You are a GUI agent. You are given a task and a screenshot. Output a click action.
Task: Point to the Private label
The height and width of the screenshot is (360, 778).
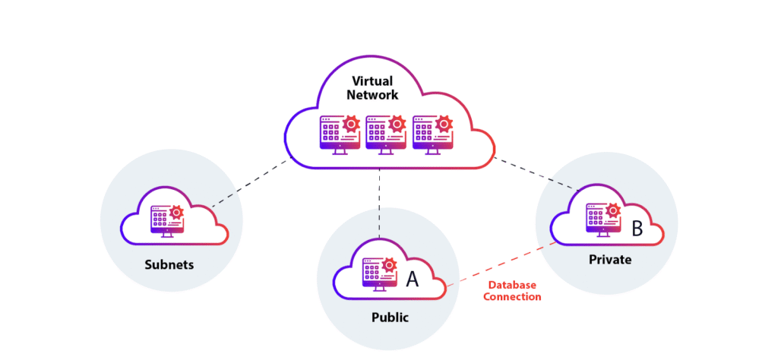pyautogui.click(x=609, y=260)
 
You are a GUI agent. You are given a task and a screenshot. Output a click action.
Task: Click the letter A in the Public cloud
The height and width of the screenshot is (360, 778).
pyautogui.click(x=412, y=279)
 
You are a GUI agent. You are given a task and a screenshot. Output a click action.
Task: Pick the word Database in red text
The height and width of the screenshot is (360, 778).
pyautogui.click(x=512, y=285)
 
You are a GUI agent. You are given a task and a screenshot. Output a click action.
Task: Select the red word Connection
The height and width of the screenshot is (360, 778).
pyautogui.click(x=512, y=296)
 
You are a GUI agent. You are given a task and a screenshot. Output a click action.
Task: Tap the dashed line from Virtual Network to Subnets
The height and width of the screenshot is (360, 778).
pyautogui.click(x=251, y=183)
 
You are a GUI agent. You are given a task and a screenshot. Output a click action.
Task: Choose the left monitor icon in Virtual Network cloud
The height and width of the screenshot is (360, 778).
pyautogui.click(x=338, y=134)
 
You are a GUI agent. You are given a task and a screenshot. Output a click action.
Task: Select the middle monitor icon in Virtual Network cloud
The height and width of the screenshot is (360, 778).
pyautogui.click(x=384, y=134)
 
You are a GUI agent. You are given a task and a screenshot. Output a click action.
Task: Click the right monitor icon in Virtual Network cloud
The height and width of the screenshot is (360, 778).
pyautogui.click(x=430, y=134)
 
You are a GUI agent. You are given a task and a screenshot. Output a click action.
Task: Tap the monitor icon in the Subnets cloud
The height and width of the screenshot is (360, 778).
pyautogui.click(x=166, y=221)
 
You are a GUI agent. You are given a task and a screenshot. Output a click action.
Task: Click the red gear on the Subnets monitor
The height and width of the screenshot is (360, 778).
pyautogui.click(x=176, y=212)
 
